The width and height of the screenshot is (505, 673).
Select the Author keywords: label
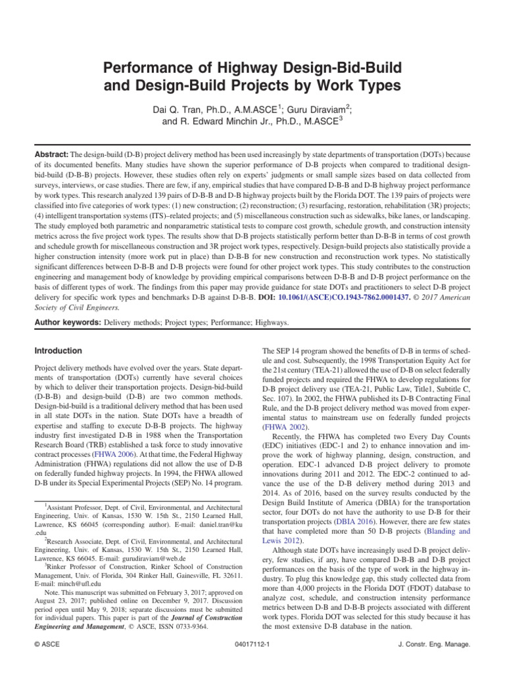[x=66, y=323]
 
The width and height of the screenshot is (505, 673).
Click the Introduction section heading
[x=58, y=351]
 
